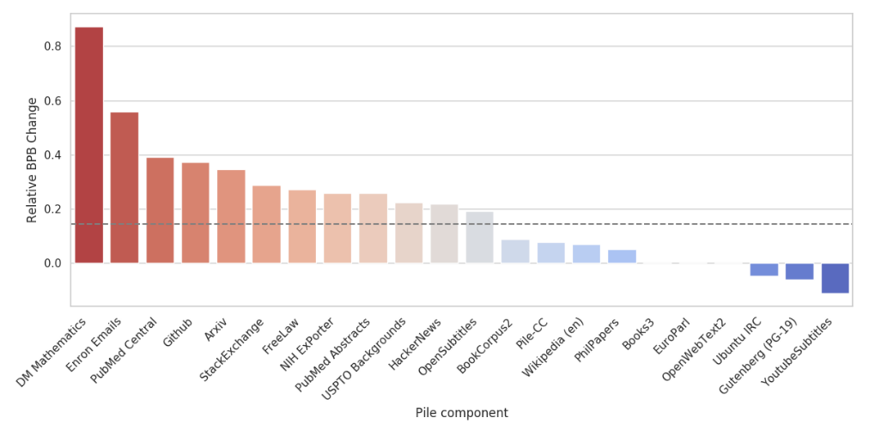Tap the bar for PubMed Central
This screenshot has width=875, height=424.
(160, 210)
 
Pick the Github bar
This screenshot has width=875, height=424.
(196, 213)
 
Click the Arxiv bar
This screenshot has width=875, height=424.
(231, 216)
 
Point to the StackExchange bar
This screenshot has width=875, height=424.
(266, 224)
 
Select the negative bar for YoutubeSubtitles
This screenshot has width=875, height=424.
(836, 278)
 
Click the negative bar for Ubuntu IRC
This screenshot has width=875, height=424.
(764, 270)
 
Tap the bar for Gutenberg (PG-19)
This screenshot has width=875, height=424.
(799, 271)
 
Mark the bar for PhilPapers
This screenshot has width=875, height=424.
(623, 257)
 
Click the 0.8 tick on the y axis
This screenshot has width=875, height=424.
(53, 46)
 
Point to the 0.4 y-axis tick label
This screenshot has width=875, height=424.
(53, 155)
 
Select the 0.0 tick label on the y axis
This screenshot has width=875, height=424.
(53, 263)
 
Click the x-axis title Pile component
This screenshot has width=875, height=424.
(461, 413)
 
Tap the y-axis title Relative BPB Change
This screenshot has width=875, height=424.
(33, 160)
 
